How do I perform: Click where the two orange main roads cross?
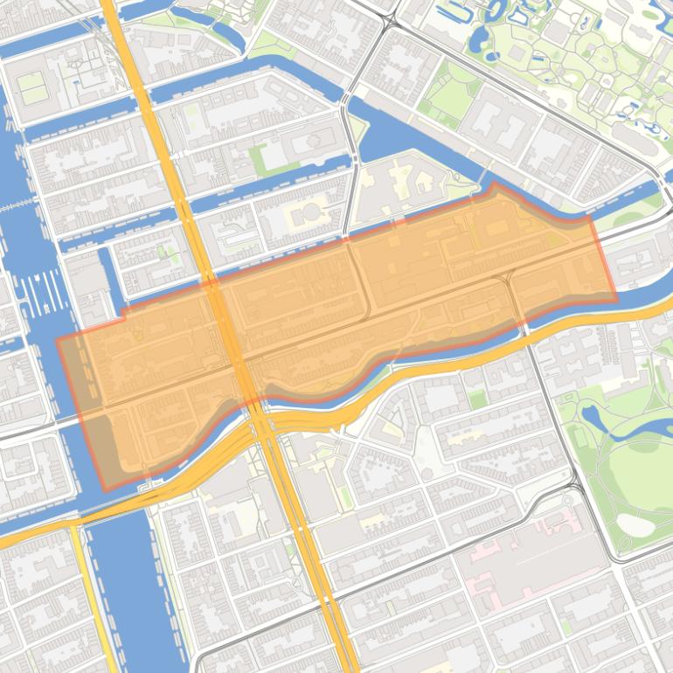point(262,424)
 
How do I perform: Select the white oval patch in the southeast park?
point(635,524)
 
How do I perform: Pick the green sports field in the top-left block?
point(32,87)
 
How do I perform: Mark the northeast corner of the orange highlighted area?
point(590,219)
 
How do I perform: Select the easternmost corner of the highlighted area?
point(616,300)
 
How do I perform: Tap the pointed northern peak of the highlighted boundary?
point(495,184)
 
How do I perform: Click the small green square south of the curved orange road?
point(476,399)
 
